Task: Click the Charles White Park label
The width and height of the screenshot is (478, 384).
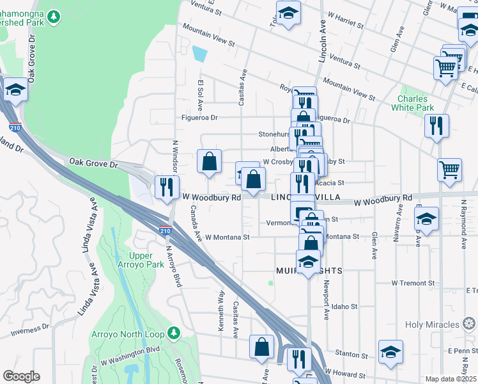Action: (416, 103)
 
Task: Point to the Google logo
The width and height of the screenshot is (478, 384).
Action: (21, 376)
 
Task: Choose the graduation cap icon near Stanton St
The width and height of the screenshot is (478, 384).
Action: (390, 351)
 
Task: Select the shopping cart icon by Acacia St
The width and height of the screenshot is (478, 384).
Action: (450, 170)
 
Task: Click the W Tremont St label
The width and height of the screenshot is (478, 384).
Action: (413, 283)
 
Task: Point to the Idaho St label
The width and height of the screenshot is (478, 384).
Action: (344, 307)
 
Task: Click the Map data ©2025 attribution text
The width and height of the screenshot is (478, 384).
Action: (451, 379)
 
